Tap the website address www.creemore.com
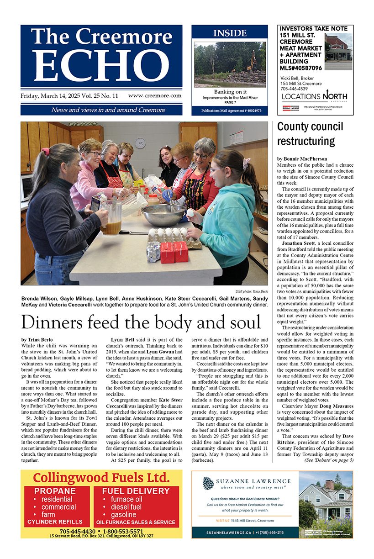coord(155,96)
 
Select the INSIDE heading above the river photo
coord(230,33)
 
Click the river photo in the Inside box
coord(230,64)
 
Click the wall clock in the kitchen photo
coord(140,142)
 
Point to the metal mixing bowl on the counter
coord(163,215)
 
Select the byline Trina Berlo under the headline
coord(43,340)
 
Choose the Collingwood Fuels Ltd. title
coord(101,478)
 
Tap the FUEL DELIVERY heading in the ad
coord(136,491)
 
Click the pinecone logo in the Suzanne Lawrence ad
coord(208,483)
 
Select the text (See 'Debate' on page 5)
coord(328,460)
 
